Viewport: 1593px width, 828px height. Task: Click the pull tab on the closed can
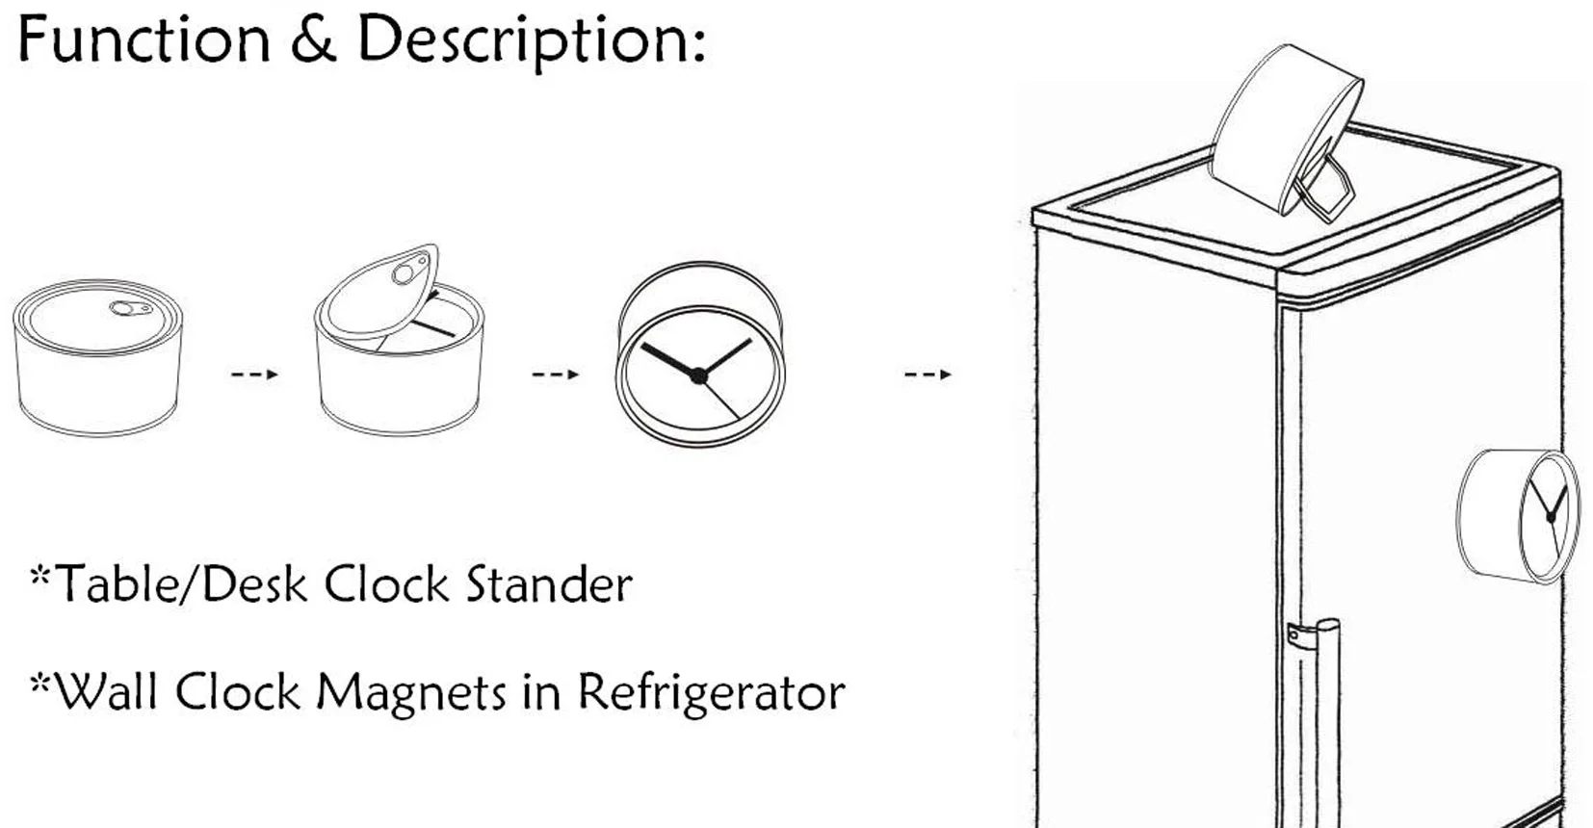[x=131, y=308]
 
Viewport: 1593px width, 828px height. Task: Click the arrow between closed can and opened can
[x=254, y=374]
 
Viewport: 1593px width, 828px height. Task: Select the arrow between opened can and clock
[x=556, y=374]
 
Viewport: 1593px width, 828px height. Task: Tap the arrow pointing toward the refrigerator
[x=927, y=374]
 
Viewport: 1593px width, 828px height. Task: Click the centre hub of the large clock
[x=698, y=376]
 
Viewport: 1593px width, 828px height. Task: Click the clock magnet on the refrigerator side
[x=1518, y=517]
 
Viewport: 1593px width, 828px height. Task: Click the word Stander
[x=549, y=585]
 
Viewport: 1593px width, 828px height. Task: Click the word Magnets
[x=410, y=692]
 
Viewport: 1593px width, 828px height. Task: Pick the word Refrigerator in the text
[x=711, y=692]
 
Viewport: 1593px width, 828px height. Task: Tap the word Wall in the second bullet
[x=106, y=691]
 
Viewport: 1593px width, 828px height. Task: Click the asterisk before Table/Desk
[x=39, y=574]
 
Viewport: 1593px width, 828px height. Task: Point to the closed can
[x=98, y=357]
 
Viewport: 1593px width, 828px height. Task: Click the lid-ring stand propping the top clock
[x=1323, y=187]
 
